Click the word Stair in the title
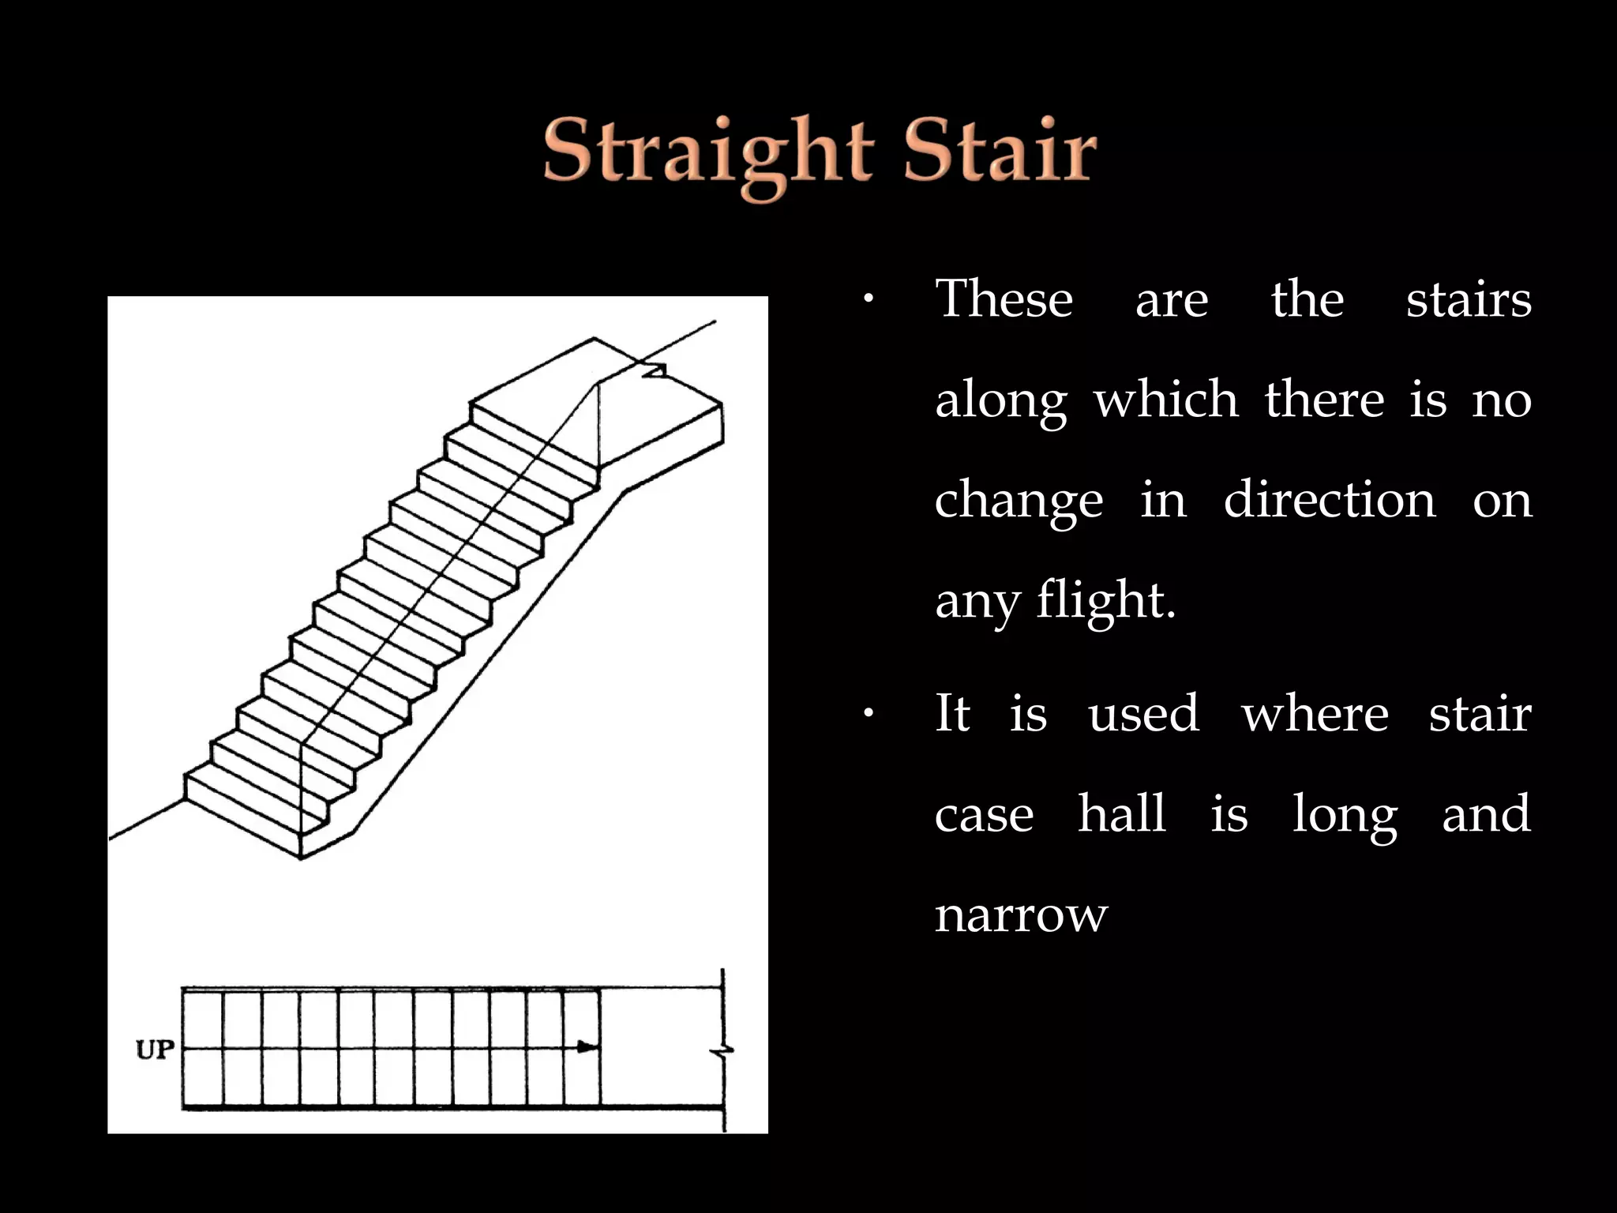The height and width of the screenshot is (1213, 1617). click(1000, 150)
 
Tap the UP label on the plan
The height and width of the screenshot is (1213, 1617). click(155, 1050)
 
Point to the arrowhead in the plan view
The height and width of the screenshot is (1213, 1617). click(587, 1047)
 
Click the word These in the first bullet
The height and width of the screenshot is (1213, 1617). click(1004, 299)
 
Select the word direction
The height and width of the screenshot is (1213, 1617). click(1330, 501)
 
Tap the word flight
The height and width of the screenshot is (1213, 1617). click(1106, 602)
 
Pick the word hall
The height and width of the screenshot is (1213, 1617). click(1122, 813)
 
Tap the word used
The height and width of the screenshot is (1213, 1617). click(1144, 714)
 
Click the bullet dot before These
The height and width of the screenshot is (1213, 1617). click(868, 299)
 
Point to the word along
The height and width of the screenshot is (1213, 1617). click(1001, 401)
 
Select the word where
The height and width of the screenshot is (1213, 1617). click(1315, 714)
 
